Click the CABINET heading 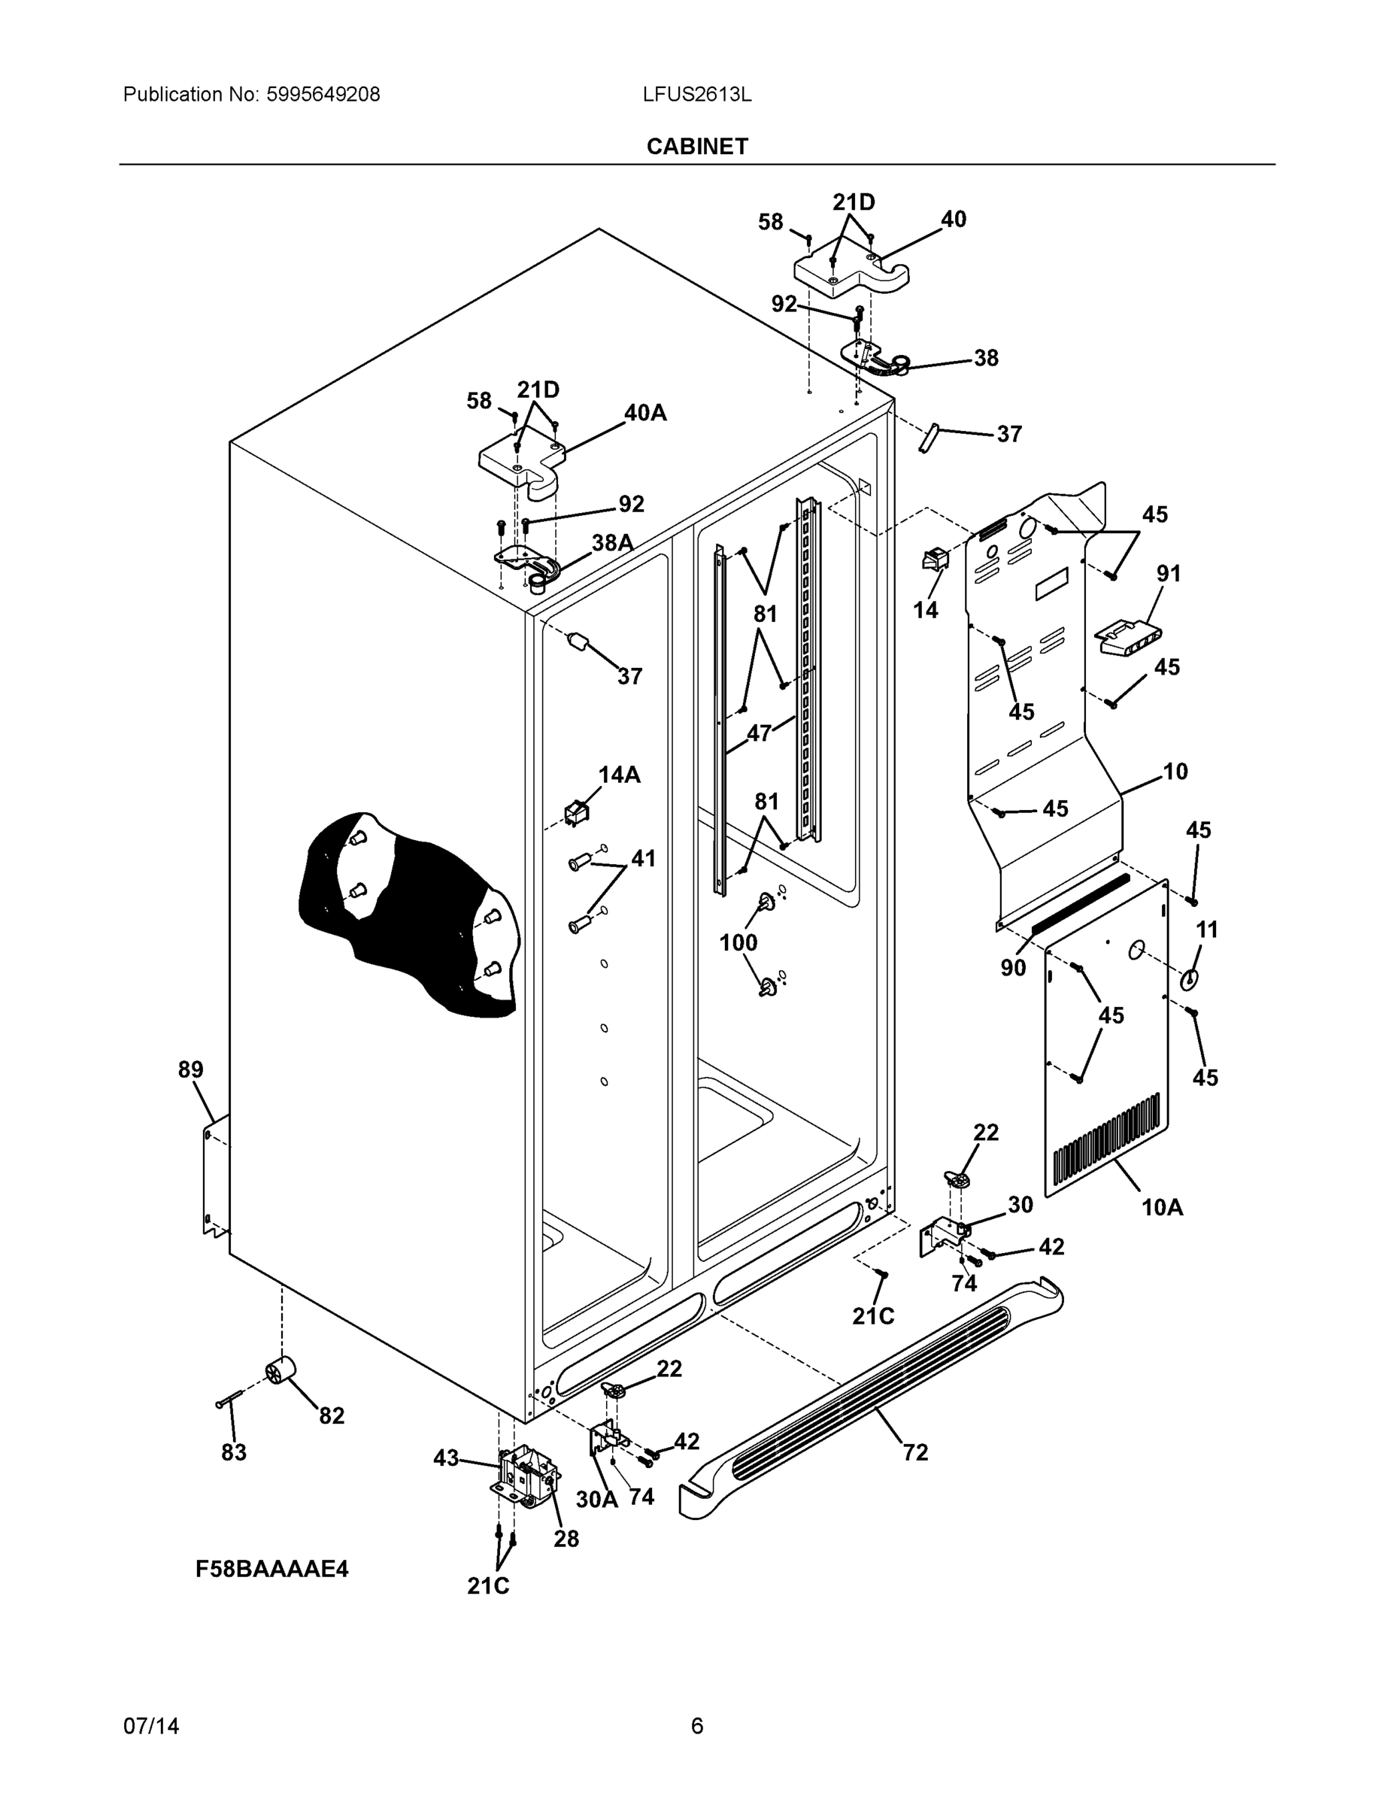pyautogui.click(x=696, y=147)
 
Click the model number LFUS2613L pyautogui.click(x=696, y=95)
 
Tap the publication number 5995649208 pyautogui.click(x=323, y=95)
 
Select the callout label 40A pyautogui.click(x=644, y=412)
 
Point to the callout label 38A pyautogui.click(x=612, y=542)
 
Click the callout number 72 pyautogui.click(x=915, y=1452)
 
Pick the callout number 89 pyautogui.click(x=190, y=1070)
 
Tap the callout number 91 pyautogui.click(x=1168, y=573)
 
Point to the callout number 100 pyautogui.click(x=738, y=942)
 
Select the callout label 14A pyautogui.click(x=619, y=775)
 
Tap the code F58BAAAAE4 pyautogui.click(x=272, y=1569)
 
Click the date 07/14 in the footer pyautogui.click(x=150, y=1727)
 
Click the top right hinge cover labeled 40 pyautogui.click(x=851, y=273)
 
